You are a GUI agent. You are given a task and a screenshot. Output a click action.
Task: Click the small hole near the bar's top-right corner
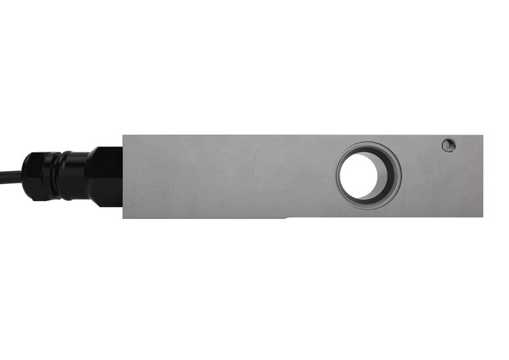[x=448, y=145]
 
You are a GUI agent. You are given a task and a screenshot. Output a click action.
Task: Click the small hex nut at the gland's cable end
[x=33, y=176]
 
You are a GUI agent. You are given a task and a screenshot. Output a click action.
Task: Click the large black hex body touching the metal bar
[x=105, y=177]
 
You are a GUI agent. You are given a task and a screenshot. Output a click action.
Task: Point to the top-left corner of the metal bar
[x=124, y=136]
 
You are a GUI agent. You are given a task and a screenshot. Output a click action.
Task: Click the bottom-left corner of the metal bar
[x=124, y=218]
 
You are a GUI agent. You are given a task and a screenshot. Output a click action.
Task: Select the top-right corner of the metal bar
[x=483, y=136]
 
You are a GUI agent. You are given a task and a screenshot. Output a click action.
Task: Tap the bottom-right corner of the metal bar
[x=483, y=217]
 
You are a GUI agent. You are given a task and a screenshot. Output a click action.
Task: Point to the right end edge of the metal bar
[x=483, y=177]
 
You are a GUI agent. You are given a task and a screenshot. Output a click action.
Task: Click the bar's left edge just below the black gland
[x=124, y=211]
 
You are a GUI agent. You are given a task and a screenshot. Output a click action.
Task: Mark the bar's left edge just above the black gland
[x=124, y=141]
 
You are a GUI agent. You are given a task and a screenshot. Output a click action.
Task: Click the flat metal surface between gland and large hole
[x=231, y=177]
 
